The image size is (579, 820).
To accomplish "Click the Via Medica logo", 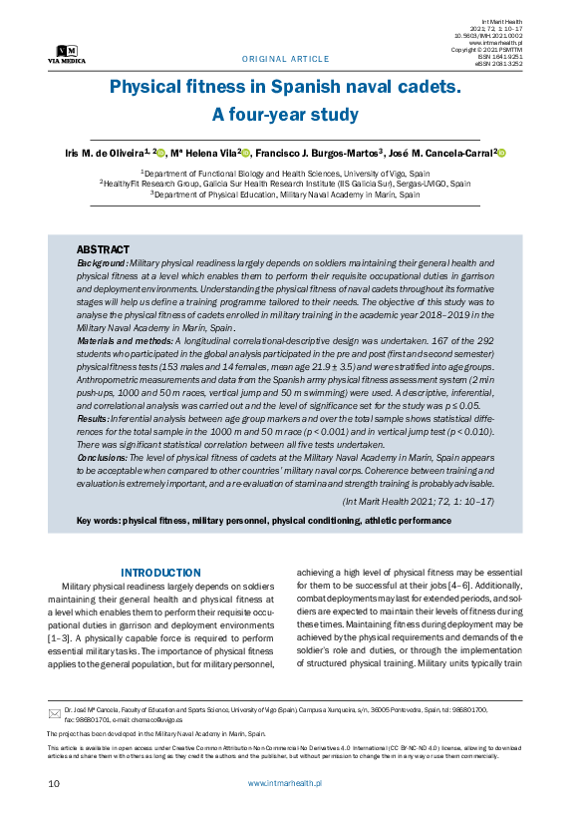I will click(68, 54).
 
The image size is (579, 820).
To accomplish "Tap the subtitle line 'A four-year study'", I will click(285, 115).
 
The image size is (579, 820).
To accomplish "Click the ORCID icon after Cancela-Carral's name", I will click(501, 153).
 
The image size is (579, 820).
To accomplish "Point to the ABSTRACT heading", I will click(103, 249).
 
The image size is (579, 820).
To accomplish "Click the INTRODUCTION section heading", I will click(160, 572).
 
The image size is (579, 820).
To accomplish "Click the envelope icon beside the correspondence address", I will click(55, 713).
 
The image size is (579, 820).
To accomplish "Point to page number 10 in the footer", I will click(54, 784).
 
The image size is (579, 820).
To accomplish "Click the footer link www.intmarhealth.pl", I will click(284, 784).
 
